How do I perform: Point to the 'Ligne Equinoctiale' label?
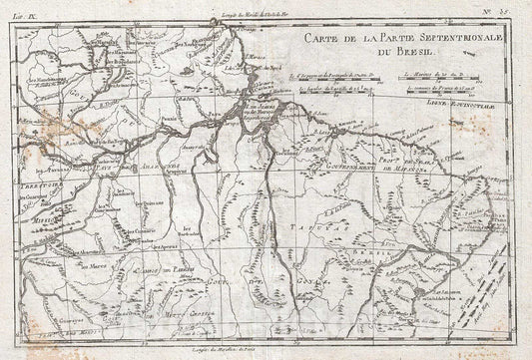tap(478, 103)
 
